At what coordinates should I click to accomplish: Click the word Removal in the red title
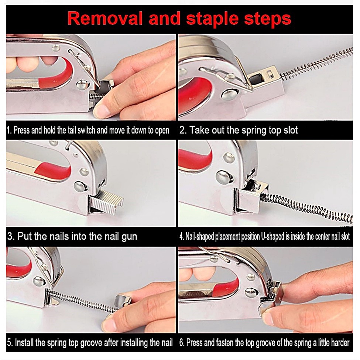105,18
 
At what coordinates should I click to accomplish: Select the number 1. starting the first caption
9,130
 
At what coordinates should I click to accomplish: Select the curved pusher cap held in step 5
123,301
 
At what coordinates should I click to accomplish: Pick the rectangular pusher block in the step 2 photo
264,80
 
